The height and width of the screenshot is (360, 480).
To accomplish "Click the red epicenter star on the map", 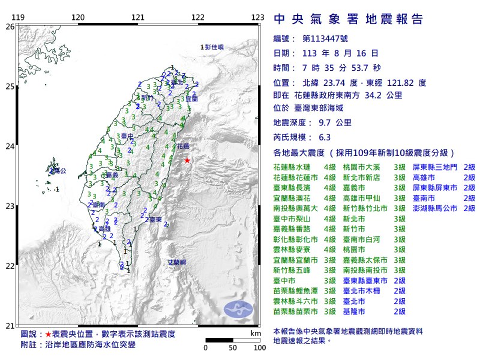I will click(187, 160).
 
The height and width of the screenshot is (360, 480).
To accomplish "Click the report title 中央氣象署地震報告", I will click(348, 19).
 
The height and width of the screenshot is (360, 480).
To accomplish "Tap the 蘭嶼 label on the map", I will click(177, 262).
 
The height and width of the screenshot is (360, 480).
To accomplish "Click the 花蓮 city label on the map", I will click(183, 146).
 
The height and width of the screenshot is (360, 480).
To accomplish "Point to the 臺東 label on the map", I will click(156, 221).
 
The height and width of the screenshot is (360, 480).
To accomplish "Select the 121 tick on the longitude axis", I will click(138, 17).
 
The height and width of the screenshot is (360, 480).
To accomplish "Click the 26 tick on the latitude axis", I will click(10, 27).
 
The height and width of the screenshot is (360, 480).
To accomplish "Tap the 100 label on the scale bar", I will click(259, 347).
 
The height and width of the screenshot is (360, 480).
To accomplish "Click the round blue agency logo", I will click(238, 310).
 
